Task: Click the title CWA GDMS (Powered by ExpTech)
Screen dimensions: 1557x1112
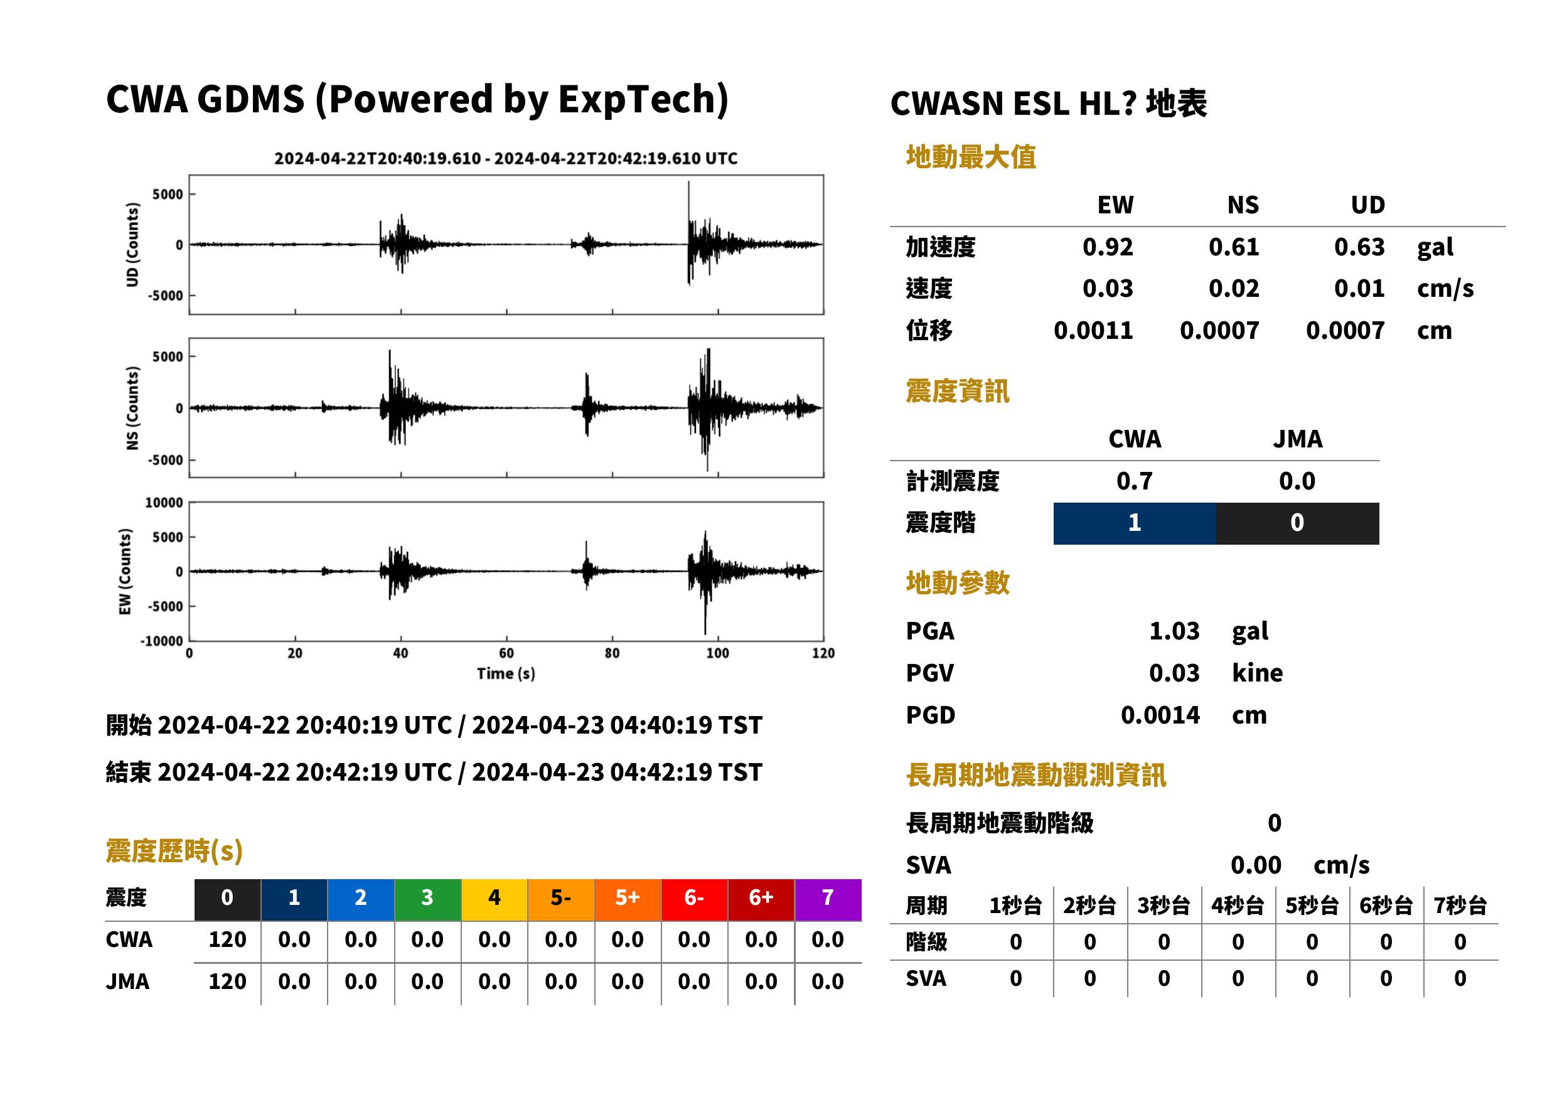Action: click(x=417, y=100)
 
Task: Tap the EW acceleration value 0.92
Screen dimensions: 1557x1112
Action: click(x=1107, y=247)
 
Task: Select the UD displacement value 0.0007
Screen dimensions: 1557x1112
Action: click(x=1345, y=331)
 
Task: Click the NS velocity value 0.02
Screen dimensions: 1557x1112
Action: click(x=1233, y=288)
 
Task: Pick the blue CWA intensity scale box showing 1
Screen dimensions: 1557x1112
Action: click(x=1134, y=523)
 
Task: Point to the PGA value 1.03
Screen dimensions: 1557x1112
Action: click(x=1174, y=631)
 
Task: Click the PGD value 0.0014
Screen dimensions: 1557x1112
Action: click(x=1160, y=715)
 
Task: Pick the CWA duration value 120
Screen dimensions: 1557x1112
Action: click(x=227, y=939)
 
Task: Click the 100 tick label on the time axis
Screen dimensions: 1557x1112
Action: click(x=717, y=653)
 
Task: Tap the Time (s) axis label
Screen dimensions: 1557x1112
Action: click(x=506, y=674)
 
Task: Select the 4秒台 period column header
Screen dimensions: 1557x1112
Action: click(x=1237, y=906)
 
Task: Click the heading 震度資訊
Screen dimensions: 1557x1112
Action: click(x=957, y=392)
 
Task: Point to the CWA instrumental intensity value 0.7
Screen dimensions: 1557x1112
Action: click(x=1134, y=481)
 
